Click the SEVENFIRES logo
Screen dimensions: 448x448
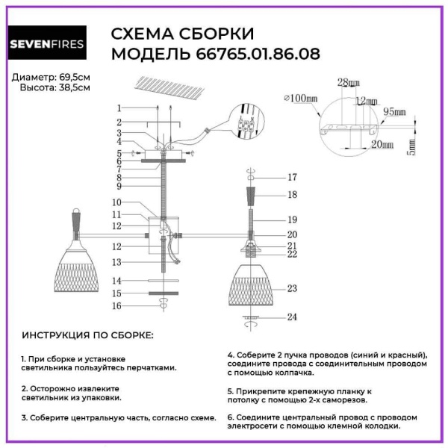point(46,43)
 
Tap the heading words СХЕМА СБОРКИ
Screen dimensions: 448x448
point(182,34)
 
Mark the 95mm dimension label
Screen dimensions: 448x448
point(394,112)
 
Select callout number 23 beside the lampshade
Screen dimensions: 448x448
point(292,287)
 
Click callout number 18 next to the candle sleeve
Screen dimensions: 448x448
point(292,194)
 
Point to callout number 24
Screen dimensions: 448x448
point(292,317)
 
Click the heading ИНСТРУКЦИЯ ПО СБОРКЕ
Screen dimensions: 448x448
point(87,335)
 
